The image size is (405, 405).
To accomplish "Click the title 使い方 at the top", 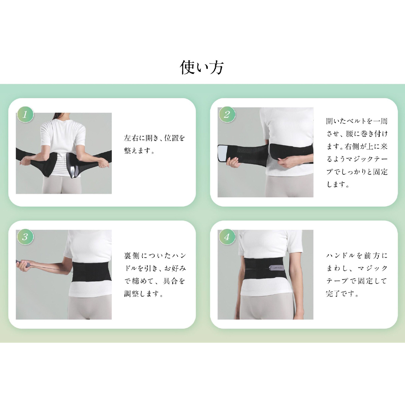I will point(202,67).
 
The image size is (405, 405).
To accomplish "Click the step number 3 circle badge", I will point(25,237).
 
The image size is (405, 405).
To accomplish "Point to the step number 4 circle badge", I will point(227,237).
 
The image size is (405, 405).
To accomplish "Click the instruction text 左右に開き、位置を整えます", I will point(154,144).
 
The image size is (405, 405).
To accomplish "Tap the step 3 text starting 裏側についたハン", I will point(155,274).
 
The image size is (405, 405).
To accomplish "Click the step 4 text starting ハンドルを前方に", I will point(357,274).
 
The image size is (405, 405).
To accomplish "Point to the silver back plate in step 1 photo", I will point(73,165).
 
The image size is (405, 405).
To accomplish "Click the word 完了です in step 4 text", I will point(343,294).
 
